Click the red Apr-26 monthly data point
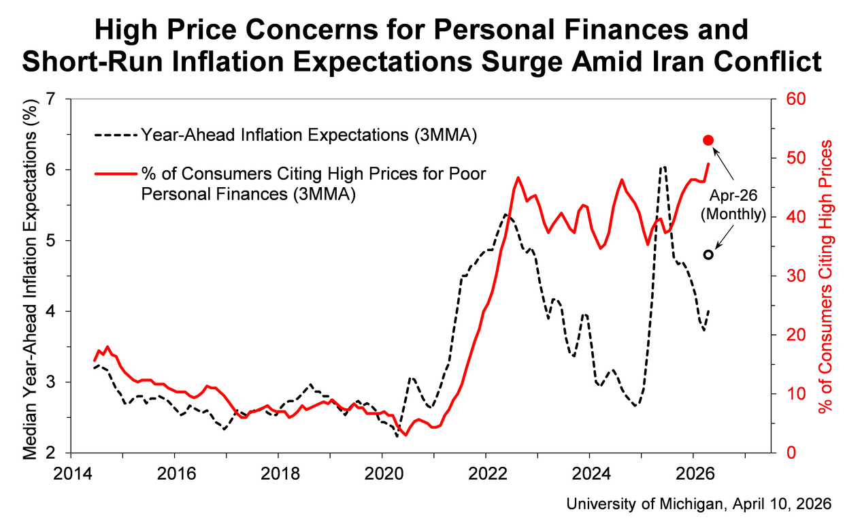(x=708, y=140)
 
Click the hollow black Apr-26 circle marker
(x=708, y=255)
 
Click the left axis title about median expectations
(x=31, y=276)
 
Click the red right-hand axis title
(x=825, y=276)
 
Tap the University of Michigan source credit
(x=699, y=503)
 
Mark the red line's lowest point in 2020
(x=405, y=435)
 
